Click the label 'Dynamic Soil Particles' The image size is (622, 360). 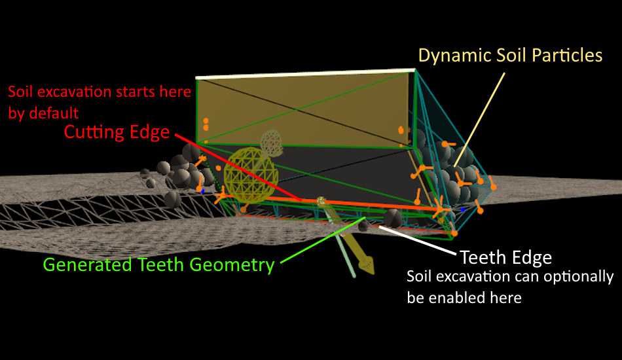(x=510, y=55)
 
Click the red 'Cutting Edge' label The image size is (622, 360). (x=117, y=132)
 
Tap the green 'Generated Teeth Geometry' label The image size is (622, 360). (x=158, y=265)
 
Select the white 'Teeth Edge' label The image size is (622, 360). (x=506, y=256)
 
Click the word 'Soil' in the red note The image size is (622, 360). (x=20, y=91)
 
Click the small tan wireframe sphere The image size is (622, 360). (x=271, y=142)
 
